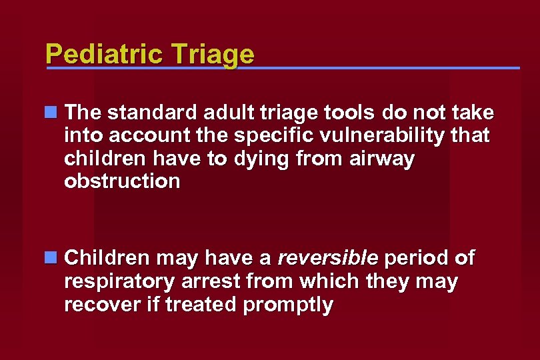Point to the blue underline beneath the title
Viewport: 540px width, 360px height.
pyautogui.click(x=333, y=68)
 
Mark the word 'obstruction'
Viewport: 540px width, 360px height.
pyautogui.click(x=122, y=181)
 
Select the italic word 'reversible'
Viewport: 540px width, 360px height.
pyautogui.click(x=327, y=257)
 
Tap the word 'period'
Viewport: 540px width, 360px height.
pyautogui.click(x=418, y=257)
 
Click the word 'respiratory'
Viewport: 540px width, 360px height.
pyautogui.click(x=120, y=281)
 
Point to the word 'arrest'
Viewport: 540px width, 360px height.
pyautogui.click(x=210, y=281)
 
